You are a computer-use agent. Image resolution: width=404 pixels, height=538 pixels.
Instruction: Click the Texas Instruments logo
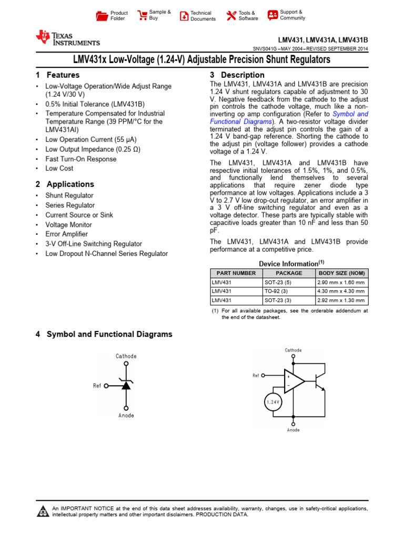click(67, 38)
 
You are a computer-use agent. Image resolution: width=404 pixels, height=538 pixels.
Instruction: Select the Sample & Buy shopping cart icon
click(142, 15)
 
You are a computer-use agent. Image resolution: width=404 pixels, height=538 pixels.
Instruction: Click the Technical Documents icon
click(184, 16)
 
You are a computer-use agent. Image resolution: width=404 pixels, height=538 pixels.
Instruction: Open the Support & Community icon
click(272, 15)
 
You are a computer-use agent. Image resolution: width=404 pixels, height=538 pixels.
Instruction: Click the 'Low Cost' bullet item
click(59, 169)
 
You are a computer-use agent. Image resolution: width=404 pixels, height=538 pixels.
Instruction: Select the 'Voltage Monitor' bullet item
click(68, 224)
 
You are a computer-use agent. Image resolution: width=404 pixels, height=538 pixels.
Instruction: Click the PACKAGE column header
click(289, 273)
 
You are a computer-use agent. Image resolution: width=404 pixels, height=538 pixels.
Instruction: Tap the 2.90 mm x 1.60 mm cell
click(341, 282)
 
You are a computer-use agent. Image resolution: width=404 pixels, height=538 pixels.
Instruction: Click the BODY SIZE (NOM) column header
click(341, 273)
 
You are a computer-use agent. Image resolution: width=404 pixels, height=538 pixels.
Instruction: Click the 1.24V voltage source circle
click(272, 402)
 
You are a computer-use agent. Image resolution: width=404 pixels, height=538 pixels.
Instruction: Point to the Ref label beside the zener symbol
click(97, 386)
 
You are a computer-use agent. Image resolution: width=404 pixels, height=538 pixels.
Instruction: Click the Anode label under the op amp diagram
click(293, 430)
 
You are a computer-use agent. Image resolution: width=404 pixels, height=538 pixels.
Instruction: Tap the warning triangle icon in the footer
click(42, 511)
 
